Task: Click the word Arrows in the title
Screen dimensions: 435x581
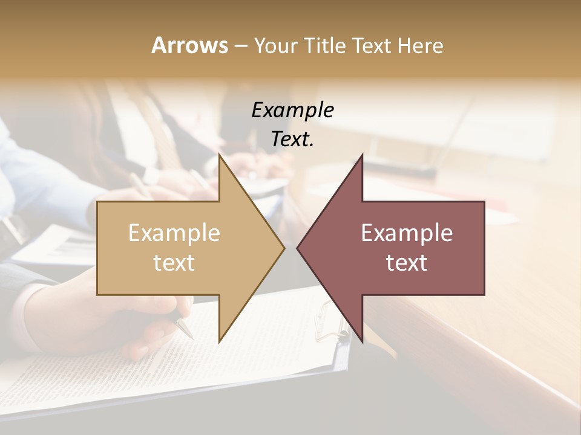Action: (x=189, y=45)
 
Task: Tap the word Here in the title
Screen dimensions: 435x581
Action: (x=420, y=46)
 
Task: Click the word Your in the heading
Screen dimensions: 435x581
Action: (x=275, y=46)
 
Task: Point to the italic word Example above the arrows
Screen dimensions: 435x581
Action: (x=292, y=110)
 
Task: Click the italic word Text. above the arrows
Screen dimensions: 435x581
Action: (x=292, y=139)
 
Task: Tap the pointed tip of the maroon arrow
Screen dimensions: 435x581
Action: (x=298, y=247)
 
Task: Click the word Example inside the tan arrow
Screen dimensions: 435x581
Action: (x=174, y=233)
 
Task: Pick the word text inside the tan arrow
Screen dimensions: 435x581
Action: (x=174, y=263)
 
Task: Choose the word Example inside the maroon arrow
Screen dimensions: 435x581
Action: (x=407, y=233)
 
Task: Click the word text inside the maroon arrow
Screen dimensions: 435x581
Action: (x=407, y=263)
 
